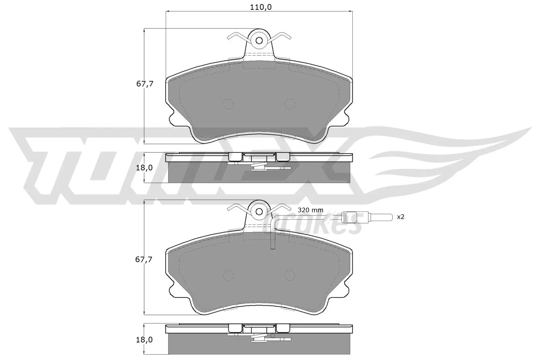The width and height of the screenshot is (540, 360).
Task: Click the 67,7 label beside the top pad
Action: pyautogui.click(x=145, y=84)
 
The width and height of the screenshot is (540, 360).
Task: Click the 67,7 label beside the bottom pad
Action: pyautogui.click(x=145, y=259)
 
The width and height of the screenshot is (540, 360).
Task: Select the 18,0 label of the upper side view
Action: pyautogui.click(x=145, y=168)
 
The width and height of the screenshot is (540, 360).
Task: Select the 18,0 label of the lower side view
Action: pyautogui.click(x=145, y=340)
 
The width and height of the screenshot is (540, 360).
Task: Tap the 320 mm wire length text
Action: pyautogui.click(x=310, y=210)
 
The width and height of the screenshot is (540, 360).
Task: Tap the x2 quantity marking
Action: pyautogui.click(x=400, y=217)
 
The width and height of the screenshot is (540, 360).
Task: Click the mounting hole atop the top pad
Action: pyautogui.click(x=259, y=40)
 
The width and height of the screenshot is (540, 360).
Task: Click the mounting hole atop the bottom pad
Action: pyautogui.click(x=259, y=212)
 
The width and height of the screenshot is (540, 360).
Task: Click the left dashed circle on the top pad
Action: pyautogui.click(x=229, y=104)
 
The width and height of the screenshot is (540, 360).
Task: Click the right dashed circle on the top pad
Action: pyautogui.click(x=289, y=104)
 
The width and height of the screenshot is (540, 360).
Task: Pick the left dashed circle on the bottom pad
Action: pyautogui.click(x=229, y=276)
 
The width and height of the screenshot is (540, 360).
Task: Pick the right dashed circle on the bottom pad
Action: pyautogui.click(x=289, y=276)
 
